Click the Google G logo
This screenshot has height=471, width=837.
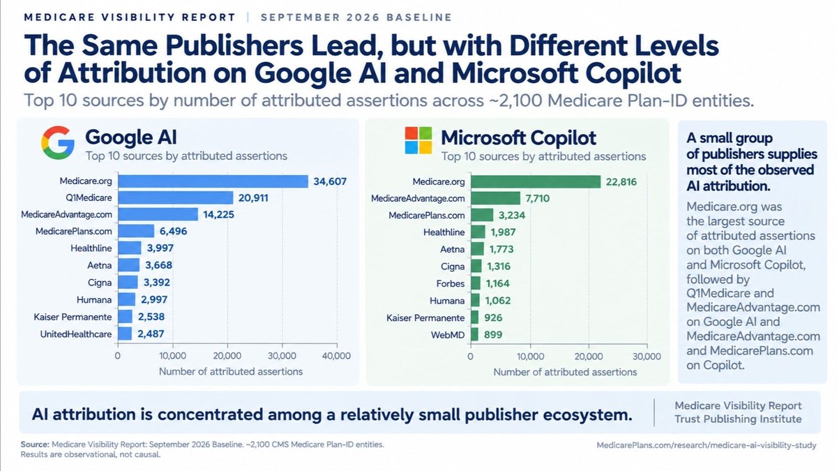57,142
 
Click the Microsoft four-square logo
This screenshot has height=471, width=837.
418,140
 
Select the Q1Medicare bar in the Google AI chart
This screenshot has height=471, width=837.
176,197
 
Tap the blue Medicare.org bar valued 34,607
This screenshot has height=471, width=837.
213,181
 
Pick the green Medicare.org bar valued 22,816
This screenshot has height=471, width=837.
536,181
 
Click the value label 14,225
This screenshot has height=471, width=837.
218,215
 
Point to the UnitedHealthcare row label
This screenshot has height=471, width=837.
76,334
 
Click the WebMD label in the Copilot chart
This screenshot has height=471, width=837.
448,334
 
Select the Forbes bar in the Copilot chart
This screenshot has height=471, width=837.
476,283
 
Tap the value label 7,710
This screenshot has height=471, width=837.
537,198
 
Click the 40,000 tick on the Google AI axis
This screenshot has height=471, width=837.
336,355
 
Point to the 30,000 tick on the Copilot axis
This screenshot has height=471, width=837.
647,357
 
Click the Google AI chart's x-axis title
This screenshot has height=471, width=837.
231,371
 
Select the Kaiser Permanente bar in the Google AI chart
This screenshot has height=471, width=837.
125,317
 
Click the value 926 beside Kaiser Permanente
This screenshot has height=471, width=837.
493,317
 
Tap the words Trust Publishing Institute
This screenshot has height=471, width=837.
738,419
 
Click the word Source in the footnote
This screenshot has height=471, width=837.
35,444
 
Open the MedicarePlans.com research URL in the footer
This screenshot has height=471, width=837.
706,445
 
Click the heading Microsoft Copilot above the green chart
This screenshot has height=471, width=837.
519,138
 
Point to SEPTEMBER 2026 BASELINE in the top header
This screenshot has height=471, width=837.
356,17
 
